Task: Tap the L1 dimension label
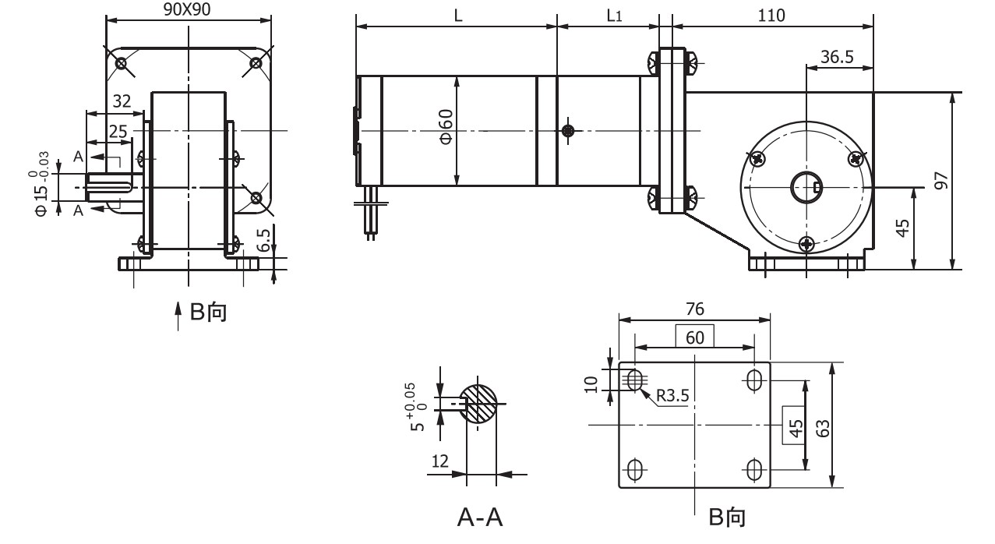click(x=614, y=16)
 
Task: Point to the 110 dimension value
click(x=773, y=16)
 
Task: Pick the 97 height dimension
click(x=942, y=180)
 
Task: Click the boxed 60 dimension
click(x=694, y=337)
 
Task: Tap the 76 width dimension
click(x=694, y=309)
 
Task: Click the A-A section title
click(x=479, y=518)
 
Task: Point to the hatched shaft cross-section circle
click(x=478, y=404)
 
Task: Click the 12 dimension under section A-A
click(x=440, y=462)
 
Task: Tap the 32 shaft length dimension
click(x=122, y=101)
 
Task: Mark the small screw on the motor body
click(x=570, y=130)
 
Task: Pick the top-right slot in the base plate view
click(x=754, y=380)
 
